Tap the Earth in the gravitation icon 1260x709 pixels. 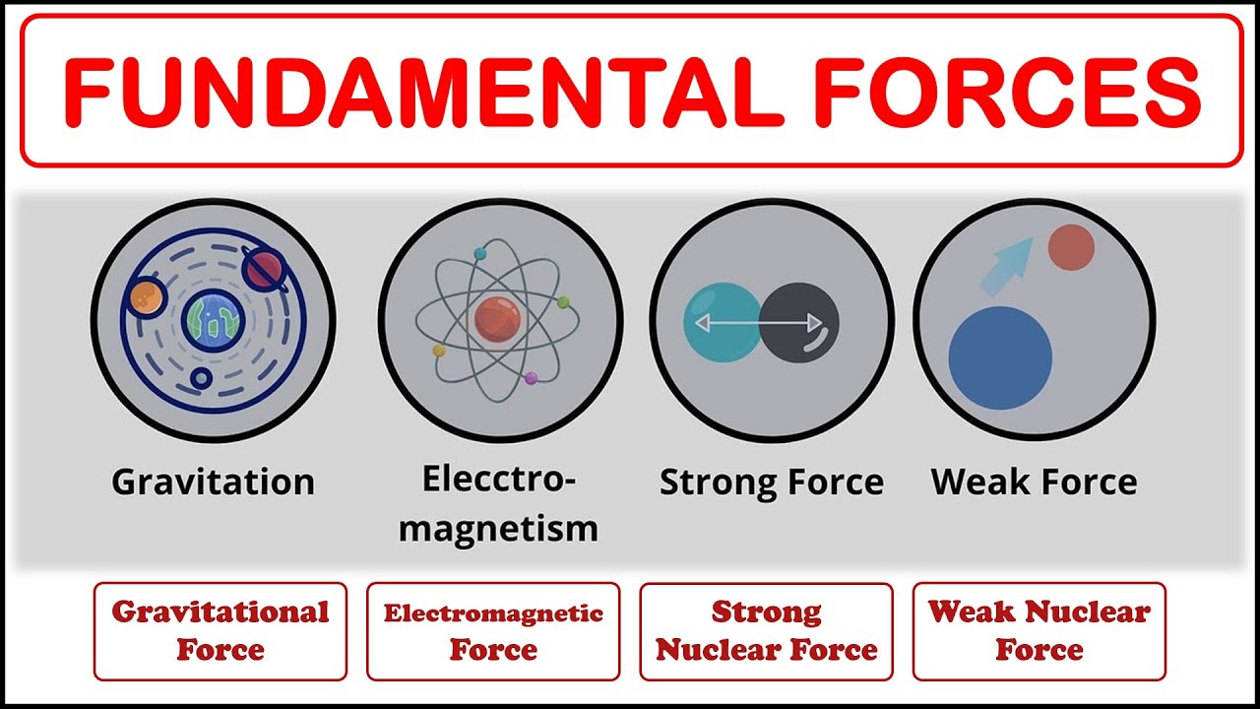click(213, 321)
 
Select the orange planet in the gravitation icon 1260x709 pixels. click(144, 292)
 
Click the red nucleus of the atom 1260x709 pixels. click(496, 317)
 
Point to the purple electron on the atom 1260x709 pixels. click(531, 378)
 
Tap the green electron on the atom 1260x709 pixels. click(563, 302)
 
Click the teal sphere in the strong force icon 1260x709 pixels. click(722, 321)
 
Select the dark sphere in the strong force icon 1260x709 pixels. click(799, 321)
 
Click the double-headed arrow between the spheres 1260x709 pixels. click(759, 322)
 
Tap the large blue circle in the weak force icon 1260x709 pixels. click(1000, 357)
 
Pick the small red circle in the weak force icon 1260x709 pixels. click(1071, 247)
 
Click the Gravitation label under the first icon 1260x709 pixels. click(213, 483)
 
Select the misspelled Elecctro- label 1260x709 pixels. click(498, 480)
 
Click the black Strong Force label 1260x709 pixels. click(771, 483)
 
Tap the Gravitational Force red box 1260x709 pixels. click(220, 631)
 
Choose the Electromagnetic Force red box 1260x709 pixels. click(493, 631)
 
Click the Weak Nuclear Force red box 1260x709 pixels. click(1039, 631)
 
